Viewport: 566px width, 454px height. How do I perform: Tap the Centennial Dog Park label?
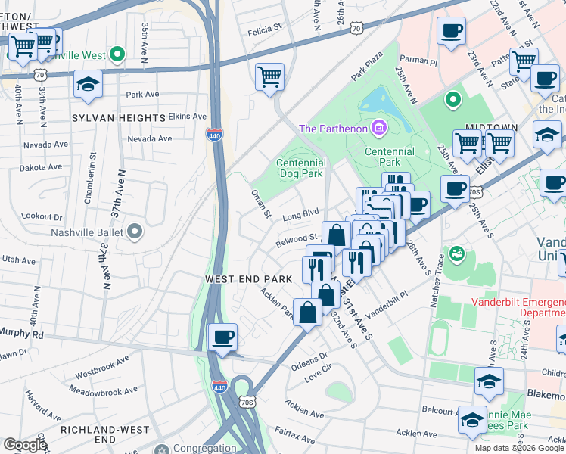[300, 168]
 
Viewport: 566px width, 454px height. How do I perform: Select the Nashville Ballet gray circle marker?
[135, 231]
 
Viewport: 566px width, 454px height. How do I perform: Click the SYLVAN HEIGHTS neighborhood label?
[118, 118]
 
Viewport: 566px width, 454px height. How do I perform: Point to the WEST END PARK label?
[249, 279]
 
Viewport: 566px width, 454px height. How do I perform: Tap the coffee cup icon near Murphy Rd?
[222, 337]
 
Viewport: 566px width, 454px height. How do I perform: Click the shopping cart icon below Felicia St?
[269, 77]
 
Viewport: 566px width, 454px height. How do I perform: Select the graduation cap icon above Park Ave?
[89, 85]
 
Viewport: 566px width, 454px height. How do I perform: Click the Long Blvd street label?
[300, 215]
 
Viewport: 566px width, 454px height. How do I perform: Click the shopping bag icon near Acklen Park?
[307, 313]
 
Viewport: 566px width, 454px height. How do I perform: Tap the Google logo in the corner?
[25, 445]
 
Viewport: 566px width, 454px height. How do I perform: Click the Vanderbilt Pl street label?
[386, 303]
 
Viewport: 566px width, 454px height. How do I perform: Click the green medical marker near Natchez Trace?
[456, 253]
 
